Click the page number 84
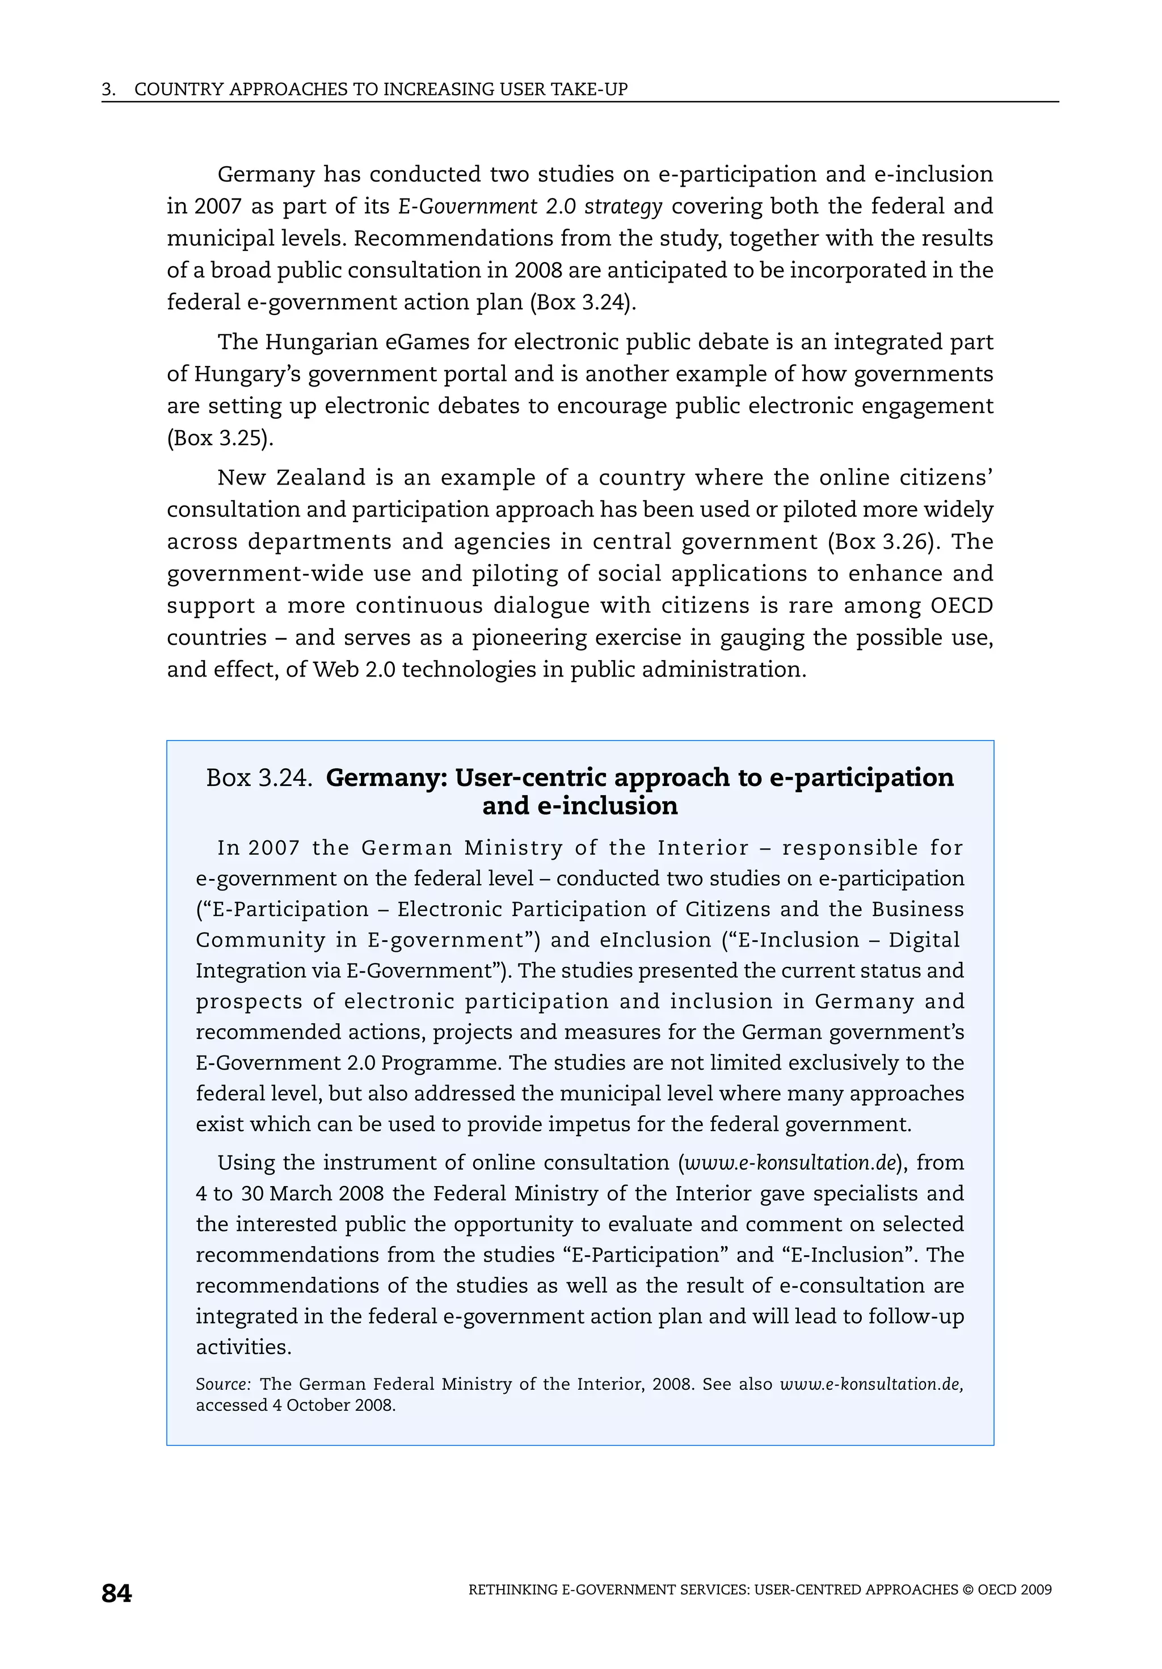(116, 1594)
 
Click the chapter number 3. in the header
(108, 90)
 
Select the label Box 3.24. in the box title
(259, 778)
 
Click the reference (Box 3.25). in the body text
(220, 438)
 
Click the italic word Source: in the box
(223, 1384)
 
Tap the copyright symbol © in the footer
(967, 1590)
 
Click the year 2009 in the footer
(1035, 1590)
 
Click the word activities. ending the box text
(243, 1347)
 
